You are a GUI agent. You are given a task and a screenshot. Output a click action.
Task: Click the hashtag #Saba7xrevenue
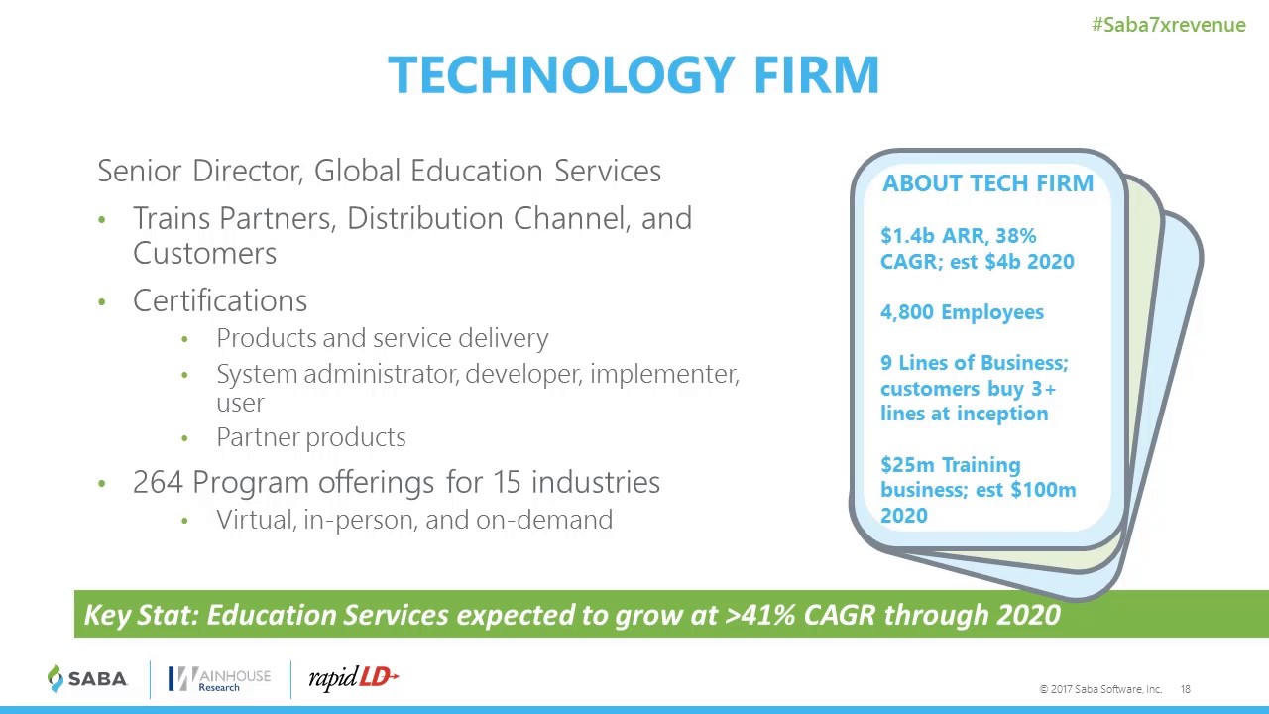tap(1168, 25)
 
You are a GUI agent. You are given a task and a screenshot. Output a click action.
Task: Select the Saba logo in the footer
tap(88, 679)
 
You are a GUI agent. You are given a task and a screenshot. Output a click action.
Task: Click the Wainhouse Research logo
tap(219, 679)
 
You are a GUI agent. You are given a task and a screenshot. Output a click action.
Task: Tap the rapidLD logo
tap(353, 678)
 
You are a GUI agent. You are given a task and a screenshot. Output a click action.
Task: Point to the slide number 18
tap(1186, 689)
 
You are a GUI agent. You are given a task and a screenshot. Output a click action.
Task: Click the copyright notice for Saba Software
tap(1099, 689)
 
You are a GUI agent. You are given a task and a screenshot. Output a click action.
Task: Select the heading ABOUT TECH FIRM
tap(987, 183)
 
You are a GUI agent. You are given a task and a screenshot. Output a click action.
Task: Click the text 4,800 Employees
tap(962, 312)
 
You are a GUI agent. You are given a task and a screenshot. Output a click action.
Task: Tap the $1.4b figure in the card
tap(905, 236)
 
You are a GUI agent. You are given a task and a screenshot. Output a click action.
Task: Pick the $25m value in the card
tap(907, 465)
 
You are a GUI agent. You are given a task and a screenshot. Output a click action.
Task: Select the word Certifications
tap(220, 300)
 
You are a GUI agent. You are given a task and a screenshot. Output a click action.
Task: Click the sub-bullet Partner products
tap(310, 437)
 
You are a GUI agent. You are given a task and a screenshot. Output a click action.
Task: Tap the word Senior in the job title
tap(140, 171)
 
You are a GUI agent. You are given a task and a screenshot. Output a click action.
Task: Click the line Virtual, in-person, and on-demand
tap(413, 520)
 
